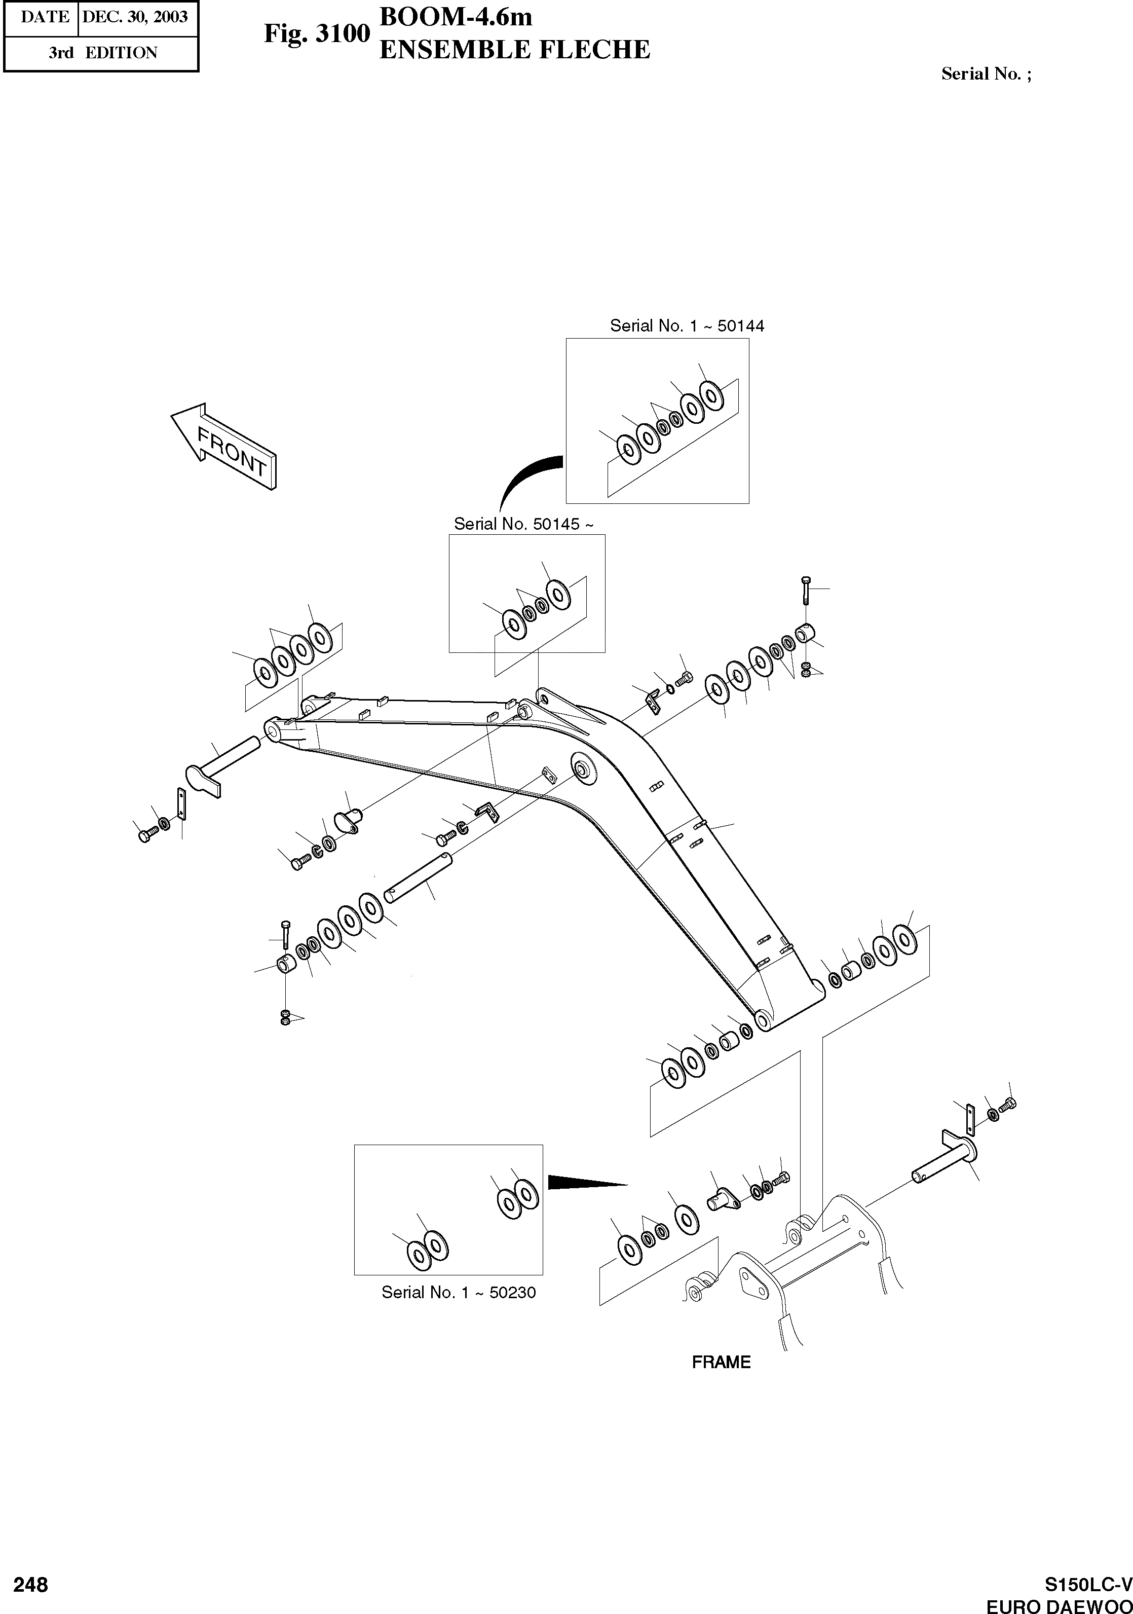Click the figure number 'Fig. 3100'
[x=316, y=34]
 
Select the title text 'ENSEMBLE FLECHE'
[x=514, y=50]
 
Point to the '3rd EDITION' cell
[x=103, y=53]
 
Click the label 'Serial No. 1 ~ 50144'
[x=687, y=325]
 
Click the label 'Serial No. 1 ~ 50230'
[x=458, y=1292]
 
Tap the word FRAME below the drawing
[x=721, y=1362]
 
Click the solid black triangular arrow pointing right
[x=585, y=1183]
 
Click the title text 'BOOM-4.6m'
[x=456, y=17]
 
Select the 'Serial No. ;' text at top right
[x=986, y=74]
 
